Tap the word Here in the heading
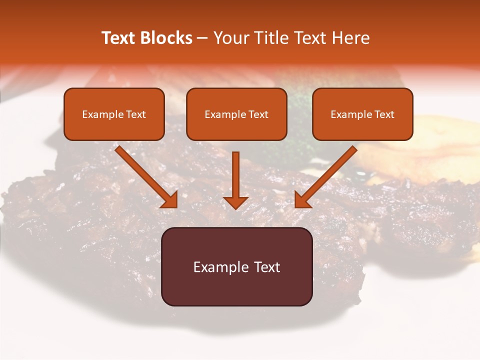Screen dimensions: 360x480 [x=351, y=38]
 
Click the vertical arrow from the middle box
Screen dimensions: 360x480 [x=236, y=175]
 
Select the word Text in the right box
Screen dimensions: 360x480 [x=384, y=114]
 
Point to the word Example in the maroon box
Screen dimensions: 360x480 [x=221, y=267]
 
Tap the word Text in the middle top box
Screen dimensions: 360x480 [x=258, y=114]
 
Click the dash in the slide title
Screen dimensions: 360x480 [x=202, y=38]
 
